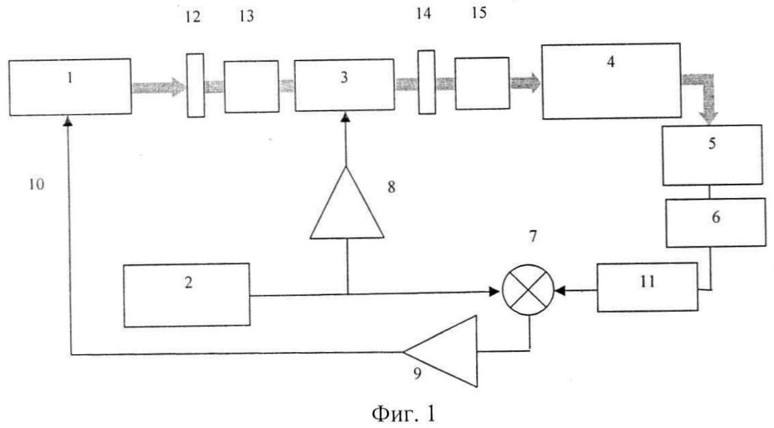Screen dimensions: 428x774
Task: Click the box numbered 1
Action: coord(70,85)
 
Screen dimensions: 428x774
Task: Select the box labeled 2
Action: coord(186,294)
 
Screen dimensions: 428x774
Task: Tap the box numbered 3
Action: coord(344,84)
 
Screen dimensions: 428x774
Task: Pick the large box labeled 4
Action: coord(611,81)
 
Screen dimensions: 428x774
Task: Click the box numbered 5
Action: coord(712,154)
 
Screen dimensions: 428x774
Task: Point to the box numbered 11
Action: coord(648,287)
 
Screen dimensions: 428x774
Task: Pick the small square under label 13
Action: coord(251,86)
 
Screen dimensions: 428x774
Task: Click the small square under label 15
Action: coord(482,83)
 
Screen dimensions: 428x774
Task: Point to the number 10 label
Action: coord(37,184)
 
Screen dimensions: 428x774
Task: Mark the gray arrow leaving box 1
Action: coord(158,86)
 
